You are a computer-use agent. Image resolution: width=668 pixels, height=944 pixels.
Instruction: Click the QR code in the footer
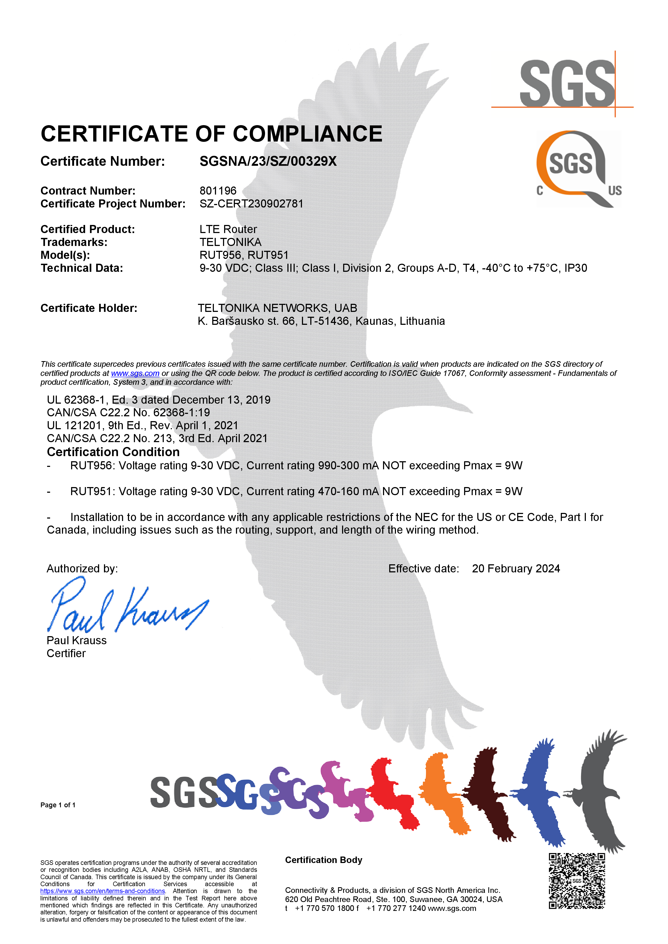(x=577, y=880)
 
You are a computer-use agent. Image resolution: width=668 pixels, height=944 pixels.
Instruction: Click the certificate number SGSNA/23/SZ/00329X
(x=268, y=161)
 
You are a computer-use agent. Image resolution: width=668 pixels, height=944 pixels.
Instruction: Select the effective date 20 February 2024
(x=516, y=569)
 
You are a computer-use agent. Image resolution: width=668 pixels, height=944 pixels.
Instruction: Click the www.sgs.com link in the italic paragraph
(x=135, y=373)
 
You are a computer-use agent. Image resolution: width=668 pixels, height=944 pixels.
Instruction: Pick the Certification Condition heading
(x=113, y=452)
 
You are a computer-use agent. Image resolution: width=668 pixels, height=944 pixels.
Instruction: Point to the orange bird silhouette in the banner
(x=444, y=794)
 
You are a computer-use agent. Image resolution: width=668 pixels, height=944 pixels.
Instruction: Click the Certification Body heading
(x=323, y=860)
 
